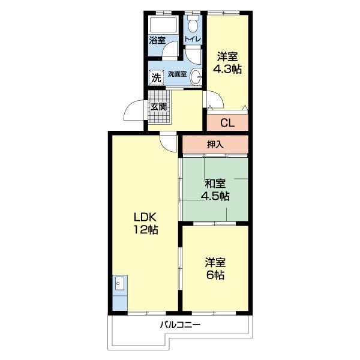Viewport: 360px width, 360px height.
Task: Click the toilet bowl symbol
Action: coord(193,24)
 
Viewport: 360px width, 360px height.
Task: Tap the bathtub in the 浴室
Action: coord(163,25)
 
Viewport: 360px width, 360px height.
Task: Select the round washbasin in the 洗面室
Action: coord(196,76)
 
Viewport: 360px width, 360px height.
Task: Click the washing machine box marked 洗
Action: coord(156,78)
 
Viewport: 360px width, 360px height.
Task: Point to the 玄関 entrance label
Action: coord(158,107)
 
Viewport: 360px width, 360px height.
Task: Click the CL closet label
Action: coord(227,123)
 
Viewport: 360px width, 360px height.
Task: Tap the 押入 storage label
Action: coord(215,145)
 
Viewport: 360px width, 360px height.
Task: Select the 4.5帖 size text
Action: coord(215,196)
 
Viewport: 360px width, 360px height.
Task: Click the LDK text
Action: coord(145,217)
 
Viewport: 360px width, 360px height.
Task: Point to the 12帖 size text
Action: coord(146,229)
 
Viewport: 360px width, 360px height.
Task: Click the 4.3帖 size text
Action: coord(227,68)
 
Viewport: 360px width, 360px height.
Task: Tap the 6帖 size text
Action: coord(215,275)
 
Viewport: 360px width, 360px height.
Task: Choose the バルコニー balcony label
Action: coord(180,325)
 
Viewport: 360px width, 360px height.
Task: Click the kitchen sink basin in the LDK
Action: coord(119,283)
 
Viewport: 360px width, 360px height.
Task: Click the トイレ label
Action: coord(193,39)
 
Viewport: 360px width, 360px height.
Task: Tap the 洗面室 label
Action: coord(177,74)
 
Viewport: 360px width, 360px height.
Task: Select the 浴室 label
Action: coord(157,40)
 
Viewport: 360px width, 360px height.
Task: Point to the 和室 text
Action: coord(215,184)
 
